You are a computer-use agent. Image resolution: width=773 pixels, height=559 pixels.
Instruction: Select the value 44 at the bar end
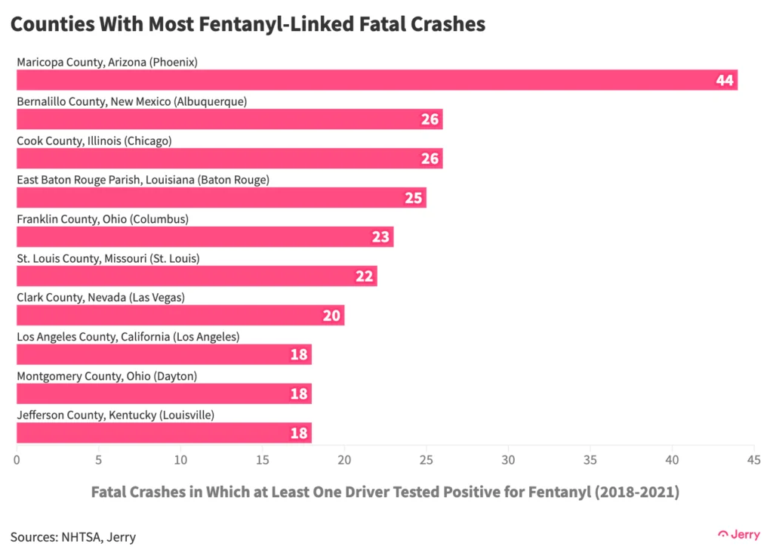point(725,80)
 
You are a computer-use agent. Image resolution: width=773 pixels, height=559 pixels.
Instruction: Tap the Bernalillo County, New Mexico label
point(131,101)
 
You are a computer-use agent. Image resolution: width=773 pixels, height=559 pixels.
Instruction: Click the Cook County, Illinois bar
point(226,159)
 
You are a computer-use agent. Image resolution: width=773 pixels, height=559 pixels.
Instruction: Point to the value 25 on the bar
point(413,198)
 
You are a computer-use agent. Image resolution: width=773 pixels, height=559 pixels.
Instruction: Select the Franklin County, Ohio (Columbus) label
point(103,219)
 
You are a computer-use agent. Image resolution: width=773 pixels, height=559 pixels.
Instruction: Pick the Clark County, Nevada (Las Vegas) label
point(100,298)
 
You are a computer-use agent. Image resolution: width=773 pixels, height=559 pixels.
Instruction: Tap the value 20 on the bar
point(331,316)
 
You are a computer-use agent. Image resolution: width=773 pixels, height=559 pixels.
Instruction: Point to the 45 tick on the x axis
point(753,459)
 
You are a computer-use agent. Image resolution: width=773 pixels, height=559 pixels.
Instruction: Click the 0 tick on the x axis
point(17,459)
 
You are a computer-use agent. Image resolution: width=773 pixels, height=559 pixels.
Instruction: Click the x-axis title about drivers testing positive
point(385,493)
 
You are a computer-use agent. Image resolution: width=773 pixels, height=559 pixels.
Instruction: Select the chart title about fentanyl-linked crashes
point(248,24)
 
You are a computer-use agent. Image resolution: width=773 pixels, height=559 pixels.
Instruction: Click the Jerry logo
point(739,533)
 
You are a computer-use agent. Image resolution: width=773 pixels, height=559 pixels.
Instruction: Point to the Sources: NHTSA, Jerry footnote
point(73,537)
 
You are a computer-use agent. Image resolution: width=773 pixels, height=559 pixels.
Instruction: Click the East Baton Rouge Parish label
point(143,180)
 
